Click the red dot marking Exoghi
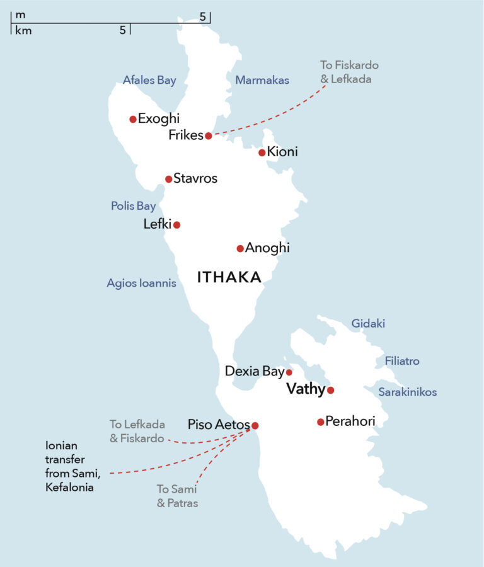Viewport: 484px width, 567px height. coord(133,119)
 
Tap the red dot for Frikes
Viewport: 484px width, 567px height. coord(209,135)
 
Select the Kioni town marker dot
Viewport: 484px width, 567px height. coord(262,152)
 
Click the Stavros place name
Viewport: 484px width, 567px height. coord(195,179)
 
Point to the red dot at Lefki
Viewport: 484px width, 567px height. coord(177,225)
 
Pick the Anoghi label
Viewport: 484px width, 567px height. coord(268,248)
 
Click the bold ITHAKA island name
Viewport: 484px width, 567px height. coord(229,277)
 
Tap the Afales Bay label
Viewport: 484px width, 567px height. coord(149,80)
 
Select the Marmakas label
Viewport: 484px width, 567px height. coord(262,80)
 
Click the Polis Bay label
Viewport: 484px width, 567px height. coord(134,206)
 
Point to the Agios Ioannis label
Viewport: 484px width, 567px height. coord(141,283)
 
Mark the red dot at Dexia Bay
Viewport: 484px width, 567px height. coord(289,372)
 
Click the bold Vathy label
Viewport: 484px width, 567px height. coord(305,389)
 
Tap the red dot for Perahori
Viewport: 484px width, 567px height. coord(321,421)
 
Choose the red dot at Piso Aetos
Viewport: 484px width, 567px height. coord(255,425)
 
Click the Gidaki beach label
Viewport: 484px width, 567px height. coord(368,324)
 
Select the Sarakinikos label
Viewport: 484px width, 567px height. coord(408,392)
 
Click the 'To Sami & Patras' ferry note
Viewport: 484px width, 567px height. coord(177,496)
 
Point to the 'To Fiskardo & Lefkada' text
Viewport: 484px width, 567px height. coord(349,72)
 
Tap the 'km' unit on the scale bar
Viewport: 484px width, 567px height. coord(23,30)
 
